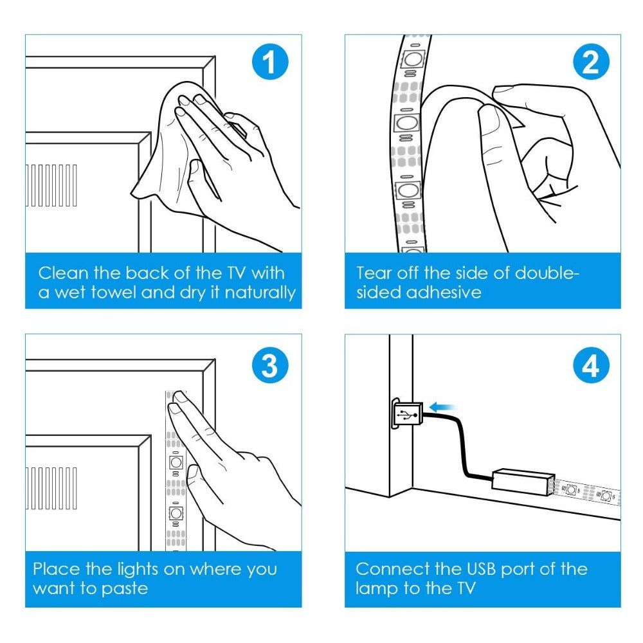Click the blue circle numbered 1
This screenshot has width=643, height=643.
(x=268, y=64)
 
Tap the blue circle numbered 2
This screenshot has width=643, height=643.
(x=590, y=64)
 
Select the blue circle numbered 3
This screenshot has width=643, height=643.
(x=268, y=366)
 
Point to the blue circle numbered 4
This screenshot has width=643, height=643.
(x=590, y=366)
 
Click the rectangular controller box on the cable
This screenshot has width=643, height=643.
(x=522, y=479)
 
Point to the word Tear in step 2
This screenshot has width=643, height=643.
(x=375, y=273)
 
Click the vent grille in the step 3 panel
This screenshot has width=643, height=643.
(x=51, y=488)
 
